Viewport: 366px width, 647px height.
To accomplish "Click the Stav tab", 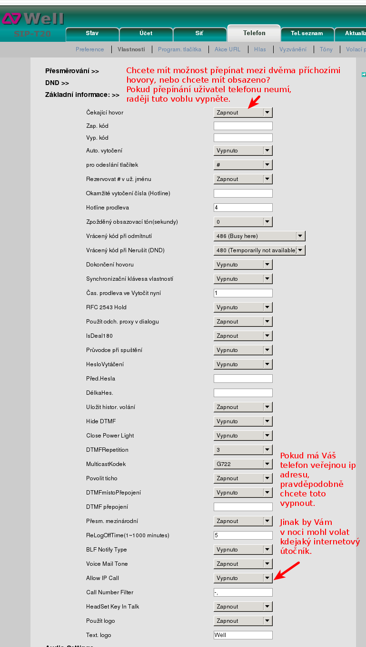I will point(92,33).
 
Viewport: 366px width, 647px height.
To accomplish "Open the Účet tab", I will point(146,33).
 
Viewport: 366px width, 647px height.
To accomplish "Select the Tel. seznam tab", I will point(307,33).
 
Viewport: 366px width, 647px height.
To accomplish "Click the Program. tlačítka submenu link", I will point(179,49).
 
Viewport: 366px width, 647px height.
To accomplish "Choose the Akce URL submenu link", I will point(228,49).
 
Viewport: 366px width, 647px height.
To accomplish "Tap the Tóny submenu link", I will point(326,49).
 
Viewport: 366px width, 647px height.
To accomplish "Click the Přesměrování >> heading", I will point(72,71).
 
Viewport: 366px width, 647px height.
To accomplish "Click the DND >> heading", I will point(57,83).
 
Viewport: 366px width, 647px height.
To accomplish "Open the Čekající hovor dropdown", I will point(243,113).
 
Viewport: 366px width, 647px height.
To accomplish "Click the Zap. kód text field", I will point(243,126).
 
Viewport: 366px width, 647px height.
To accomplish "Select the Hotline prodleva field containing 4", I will point(243,208).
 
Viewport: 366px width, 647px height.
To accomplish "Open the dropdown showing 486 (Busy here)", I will point(259,236).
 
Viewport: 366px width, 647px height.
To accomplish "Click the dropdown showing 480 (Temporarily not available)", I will point(259,250).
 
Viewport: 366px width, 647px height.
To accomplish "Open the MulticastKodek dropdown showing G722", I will point(243,464).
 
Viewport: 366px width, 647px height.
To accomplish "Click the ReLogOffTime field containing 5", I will point(243,535).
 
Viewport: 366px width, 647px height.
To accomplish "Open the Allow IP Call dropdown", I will point(243,578).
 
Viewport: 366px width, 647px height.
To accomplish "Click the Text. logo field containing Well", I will point(243,635).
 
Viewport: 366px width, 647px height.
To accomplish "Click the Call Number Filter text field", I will point(243,592).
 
